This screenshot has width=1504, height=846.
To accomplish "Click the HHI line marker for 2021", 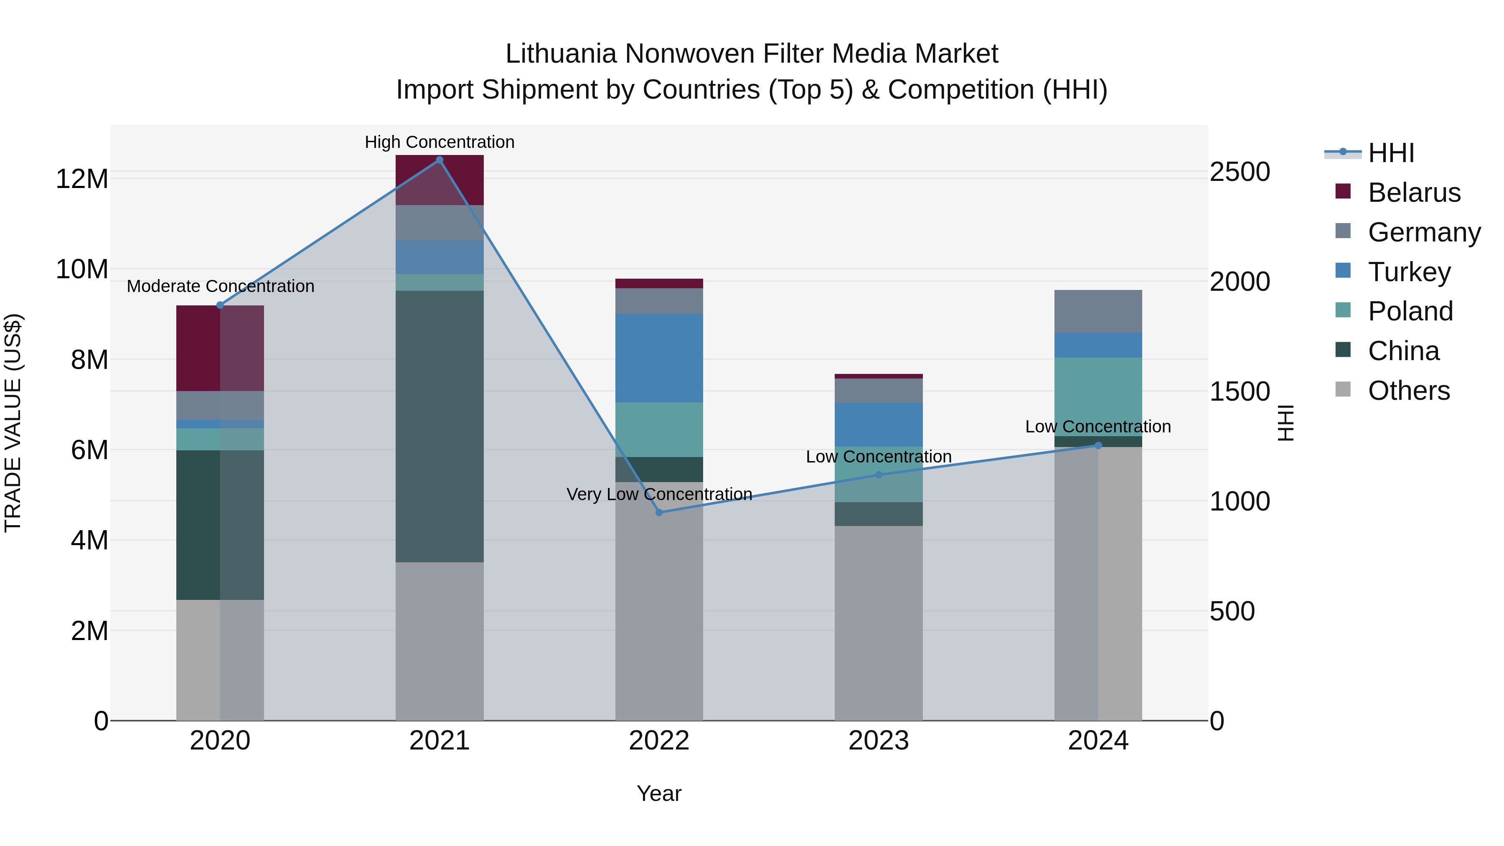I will pos(440,160).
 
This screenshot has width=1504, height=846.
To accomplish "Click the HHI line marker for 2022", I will pos(659,513).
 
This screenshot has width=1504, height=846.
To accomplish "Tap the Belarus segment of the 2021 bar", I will pos(440,180).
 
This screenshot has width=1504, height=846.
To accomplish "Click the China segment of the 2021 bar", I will pos(440,426).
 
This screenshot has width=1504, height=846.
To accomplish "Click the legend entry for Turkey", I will pos(1408,272).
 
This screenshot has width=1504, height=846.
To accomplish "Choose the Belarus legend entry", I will pos(1413,193).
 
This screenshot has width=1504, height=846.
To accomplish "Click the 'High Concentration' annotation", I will pos(440,142).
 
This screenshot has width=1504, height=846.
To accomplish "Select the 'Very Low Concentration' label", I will pos(659,494).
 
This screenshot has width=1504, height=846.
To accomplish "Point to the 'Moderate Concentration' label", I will pos(220,286).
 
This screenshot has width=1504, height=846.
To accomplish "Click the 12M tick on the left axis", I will pos(82,179).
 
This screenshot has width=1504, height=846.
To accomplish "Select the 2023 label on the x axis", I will pos(879,741).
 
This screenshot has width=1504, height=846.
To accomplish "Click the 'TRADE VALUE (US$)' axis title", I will pos(13,423).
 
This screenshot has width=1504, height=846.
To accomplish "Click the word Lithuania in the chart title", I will pos(561,54).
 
